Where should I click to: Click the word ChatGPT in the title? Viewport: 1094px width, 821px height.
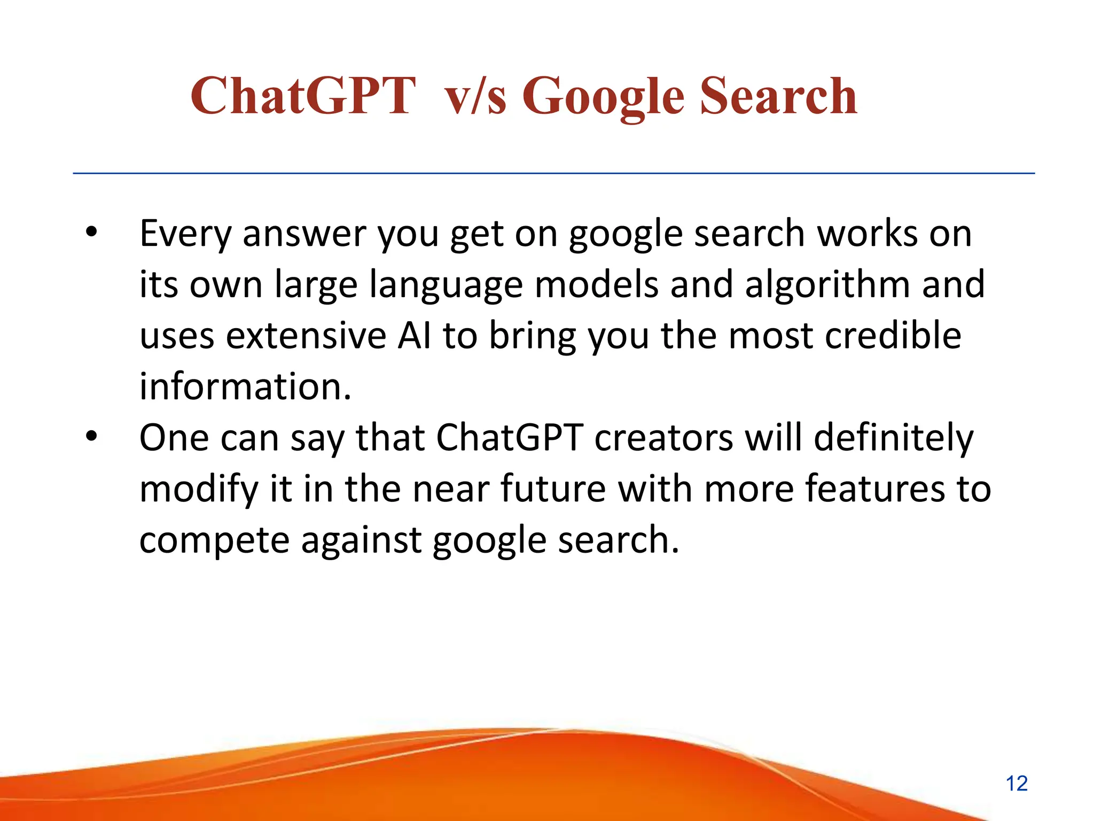coord(302,96)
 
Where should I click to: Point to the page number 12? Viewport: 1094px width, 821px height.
coord(1017,784)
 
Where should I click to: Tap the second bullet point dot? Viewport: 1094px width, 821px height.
coord(92,437)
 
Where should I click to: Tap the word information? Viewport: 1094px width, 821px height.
coord(245,386)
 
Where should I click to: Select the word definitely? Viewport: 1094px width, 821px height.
coord(894,438)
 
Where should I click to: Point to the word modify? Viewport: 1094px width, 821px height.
coord(199,489)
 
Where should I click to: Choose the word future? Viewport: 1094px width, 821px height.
coord(553,489)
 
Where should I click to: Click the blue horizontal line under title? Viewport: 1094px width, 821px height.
coord(553,173)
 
